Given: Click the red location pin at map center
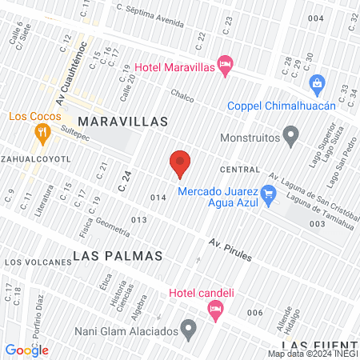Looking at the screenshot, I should [x=180, y=163].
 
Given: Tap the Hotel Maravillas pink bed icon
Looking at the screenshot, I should [x=226, y=63].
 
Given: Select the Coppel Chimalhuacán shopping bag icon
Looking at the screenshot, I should [x=318, y=83].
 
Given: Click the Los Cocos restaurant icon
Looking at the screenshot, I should [x=38, y=133].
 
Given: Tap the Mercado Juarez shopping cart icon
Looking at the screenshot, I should [x=269, y=192].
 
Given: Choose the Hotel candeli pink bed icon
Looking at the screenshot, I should [x=214, y=308].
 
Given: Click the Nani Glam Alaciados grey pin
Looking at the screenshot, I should [x=189, y=326].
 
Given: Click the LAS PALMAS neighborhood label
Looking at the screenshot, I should [x=118, y=256].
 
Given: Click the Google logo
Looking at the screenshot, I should [x=27, y=350].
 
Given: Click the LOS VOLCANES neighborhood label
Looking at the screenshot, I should [x=33, y=262].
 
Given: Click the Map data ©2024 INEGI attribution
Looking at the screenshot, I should [x=312, y=354].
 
